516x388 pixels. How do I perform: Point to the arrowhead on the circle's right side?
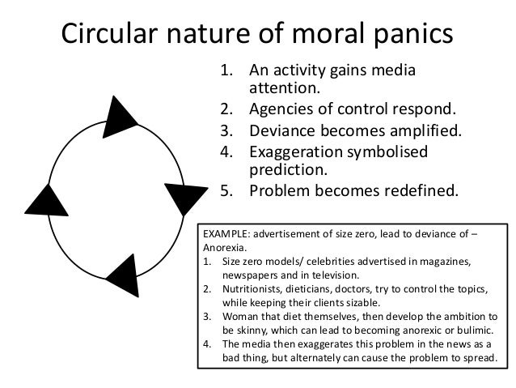coord(185,197)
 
